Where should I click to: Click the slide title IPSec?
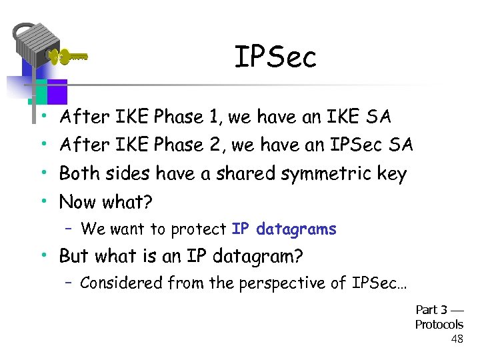[275, 58]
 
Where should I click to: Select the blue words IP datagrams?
[284, 229]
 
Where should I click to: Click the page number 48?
[457, 339]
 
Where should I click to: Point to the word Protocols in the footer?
[439, 325]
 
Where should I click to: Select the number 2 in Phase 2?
[213, 145]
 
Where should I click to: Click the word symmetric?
[326, 174]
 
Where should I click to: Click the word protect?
[199, 230]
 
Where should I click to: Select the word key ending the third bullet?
[391, 174]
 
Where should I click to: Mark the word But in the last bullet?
[73, 256]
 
